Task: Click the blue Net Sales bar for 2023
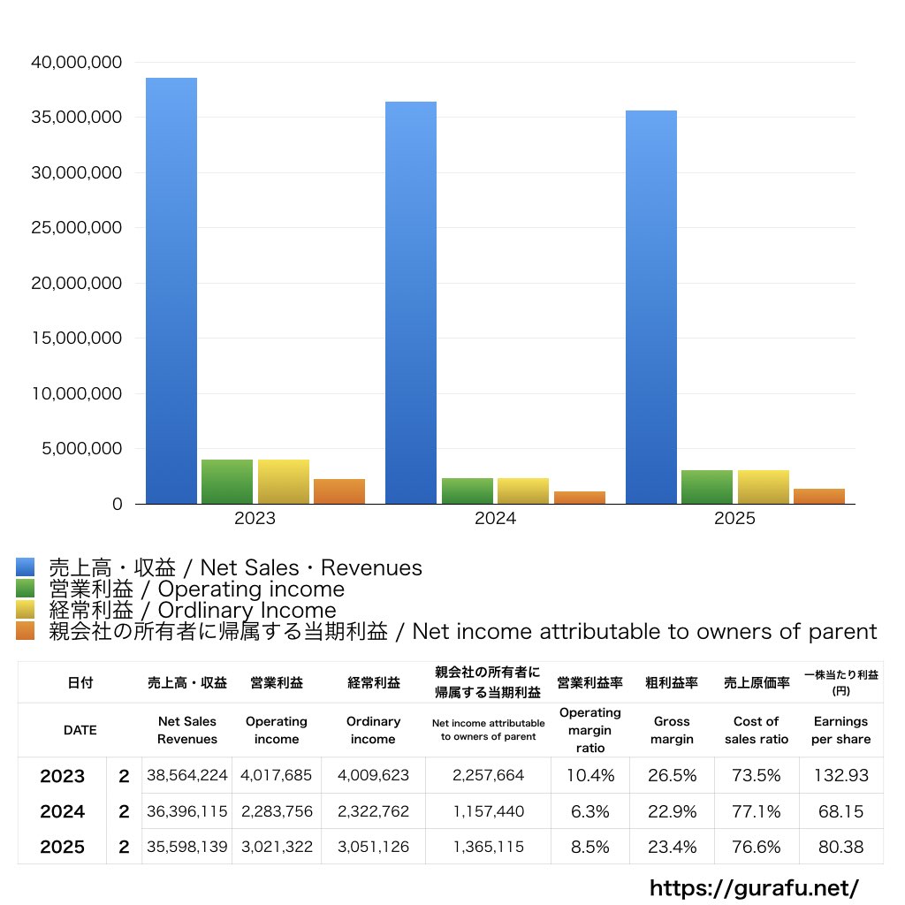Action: (171, 292)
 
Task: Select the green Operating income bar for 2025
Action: (706, 487)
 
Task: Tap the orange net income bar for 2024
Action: (580, 498)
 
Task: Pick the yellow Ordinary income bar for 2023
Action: (284, 482)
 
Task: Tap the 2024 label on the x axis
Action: (495, 519)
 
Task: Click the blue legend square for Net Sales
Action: (26, 567)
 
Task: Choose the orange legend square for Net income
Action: (26, 631)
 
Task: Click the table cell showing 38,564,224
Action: (187, 776)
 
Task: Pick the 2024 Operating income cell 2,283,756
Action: (277, 811)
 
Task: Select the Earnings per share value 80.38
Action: (840, 847)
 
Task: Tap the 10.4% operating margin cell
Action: (590, 776)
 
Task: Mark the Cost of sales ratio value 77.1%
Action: (757, 811)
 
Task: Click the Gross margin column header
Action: (672, 730)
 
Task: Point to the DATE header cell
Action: (80, 730)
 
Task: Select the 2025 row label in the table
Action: (63, 847)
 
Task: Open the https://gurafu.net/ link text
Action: (754, 887)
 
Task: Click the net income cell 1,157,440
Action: (488, 811)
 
